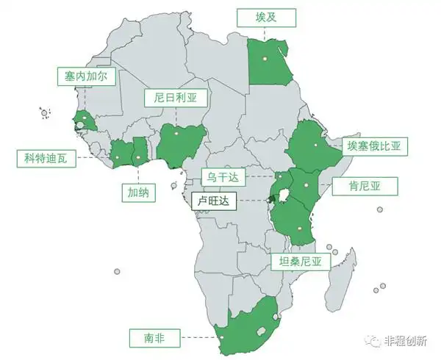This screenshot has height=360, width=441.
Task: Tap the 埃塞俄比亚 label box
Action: pos(375,145)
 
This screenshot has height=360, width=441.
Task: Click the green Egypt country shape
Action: pos(268,62)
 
